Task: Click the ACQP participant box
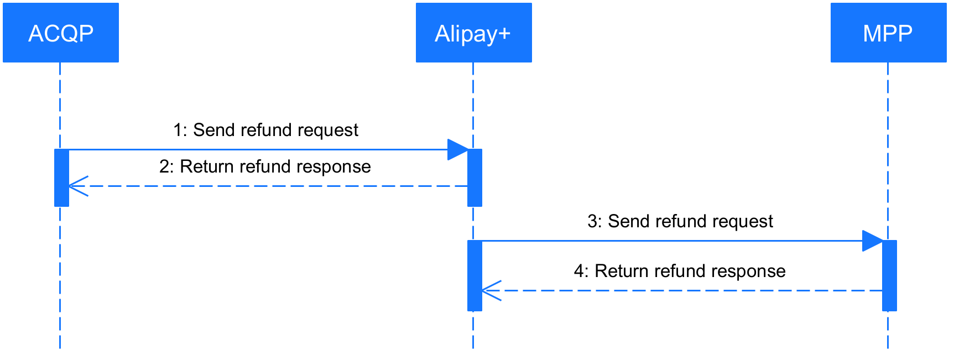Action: [x=61, y=33]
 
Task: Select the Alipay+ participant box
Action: [x=473, y=33]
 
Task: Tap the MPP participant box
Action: [x=888, y=33]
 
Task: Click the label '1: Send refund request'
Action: [x=265, y=128]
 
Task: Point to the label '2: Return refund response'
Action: [x=265, y=165]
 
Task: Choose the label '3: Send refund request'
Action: [x=680, y=220]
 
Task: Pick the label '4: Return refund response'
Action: [x=680, y=269]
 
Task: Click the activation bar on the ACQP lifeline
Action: [x=61, y=178]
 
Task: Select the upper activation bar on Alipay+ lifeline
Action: [x=475, y=178]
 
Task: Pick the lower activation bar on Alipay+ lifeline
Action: [x=475, y=275]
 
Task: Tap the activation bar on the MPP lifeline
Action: [x=889, y=275]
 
